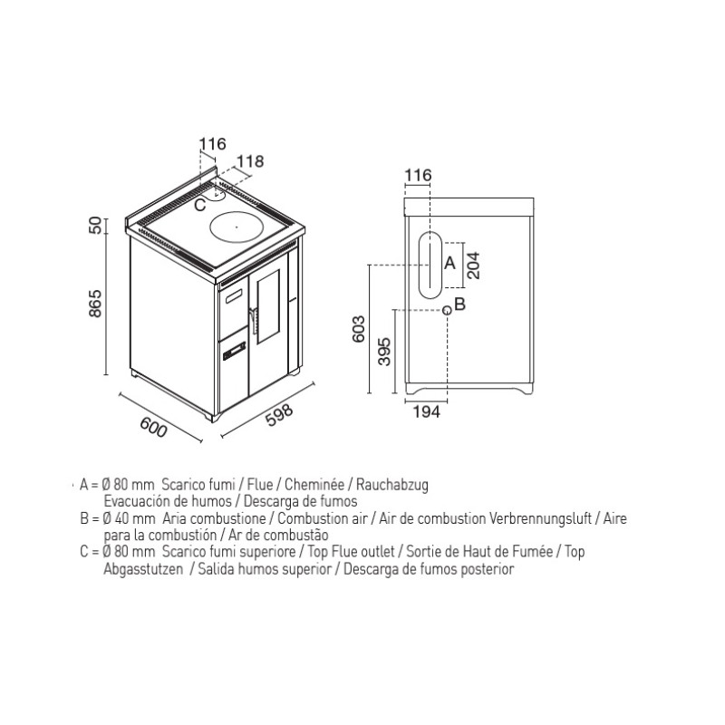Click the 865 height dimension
95,304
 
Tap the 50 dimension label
95,226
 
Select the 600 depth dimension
153,427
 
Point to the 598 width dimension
279,415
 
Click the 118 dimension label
250,161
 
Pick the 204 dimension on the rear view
473,266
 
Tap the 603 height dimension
359,329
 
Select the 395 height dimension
384,352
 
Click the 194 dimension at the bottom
426,411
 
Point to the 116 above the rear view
418,175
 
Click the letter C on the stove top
199,205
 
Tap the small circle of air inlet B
447,310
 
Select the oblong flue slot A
430,265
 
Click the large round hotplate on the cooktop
237,227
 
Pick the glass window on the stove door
268,305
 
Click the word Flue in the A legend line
260,485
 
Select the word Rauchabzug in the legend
392,485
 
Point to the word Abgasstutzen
143,569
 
